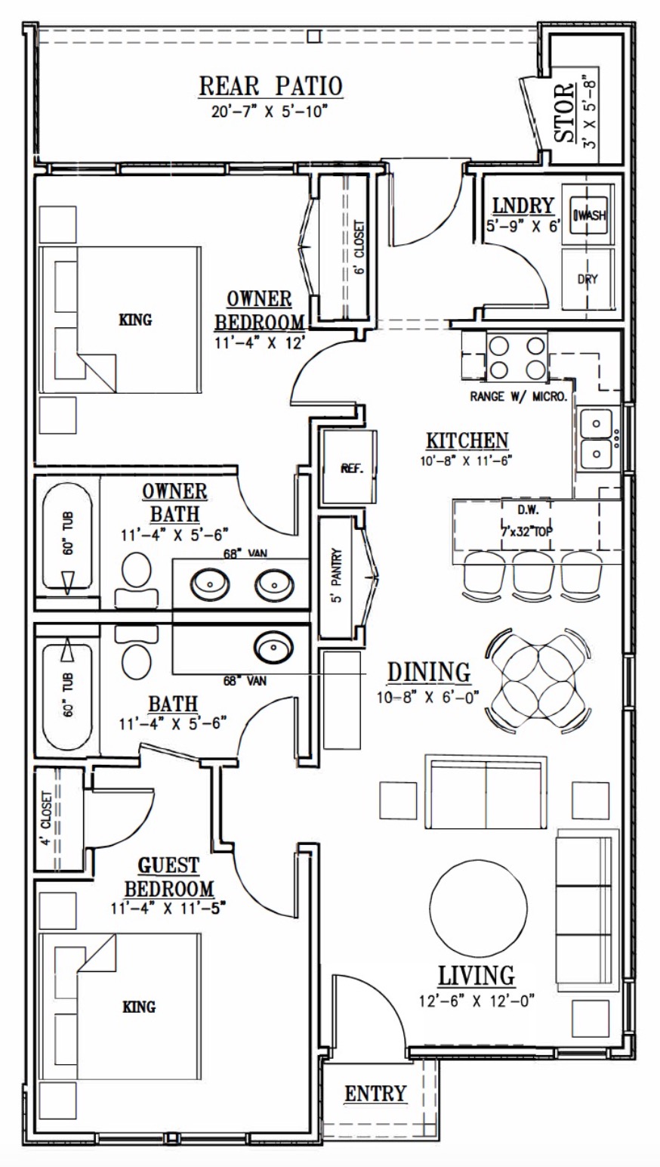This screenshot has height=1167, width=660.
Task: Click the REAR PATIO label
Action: point(270,86)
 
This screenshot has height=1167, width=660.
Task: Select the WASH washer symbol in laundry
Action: point(590,216)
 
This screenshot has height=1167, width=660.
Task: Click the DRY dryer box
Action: point(588,279)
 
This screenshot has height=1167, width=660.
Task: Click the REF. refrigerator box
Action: point(351,468)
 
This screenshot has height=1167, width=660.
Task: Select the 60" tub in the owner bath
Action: point(68,537)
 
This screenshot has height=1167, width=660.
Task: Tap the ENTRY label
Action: point(375,1094)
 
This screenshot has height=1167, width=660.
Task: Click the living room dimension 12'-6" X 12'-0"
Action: point(476,1001)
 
